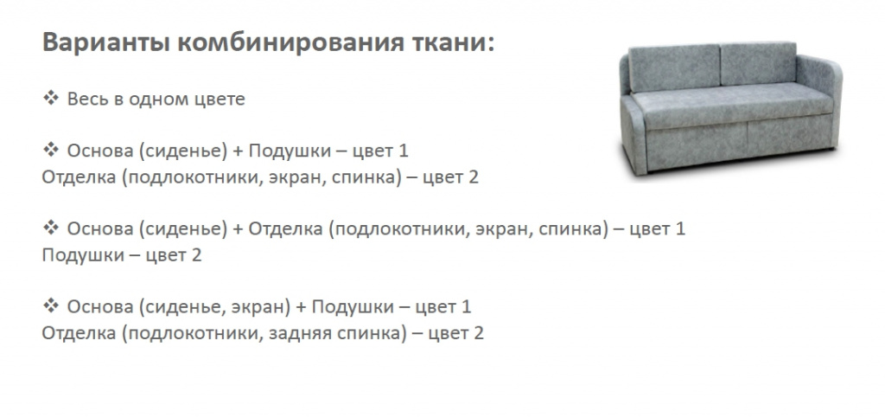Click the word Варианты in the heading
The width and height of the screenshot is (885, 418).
tap(105, 43)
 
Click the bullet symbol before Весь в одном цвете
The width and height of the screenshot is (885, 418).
tap(51, 99)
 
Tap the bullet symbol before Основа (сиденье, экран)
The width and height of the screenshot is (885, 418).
tap(51, 306)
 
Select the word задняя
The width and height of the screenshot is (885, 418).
tap(300, 333)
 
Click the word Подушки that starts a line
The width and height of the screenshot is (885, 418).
tap(82, 255)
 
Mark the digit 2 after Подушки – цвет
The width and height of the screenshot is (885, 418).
tap(196, 255)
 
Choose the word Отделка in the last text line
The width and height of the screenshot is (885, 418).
tap(79, 332)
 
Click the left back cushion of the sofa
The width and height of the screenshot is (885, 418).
tap(674, 68)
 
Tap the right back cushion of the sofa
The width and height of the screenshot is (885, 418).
tap(758, 63)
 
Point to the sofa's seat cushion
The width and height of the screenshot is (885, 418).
tap(731, 105)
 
